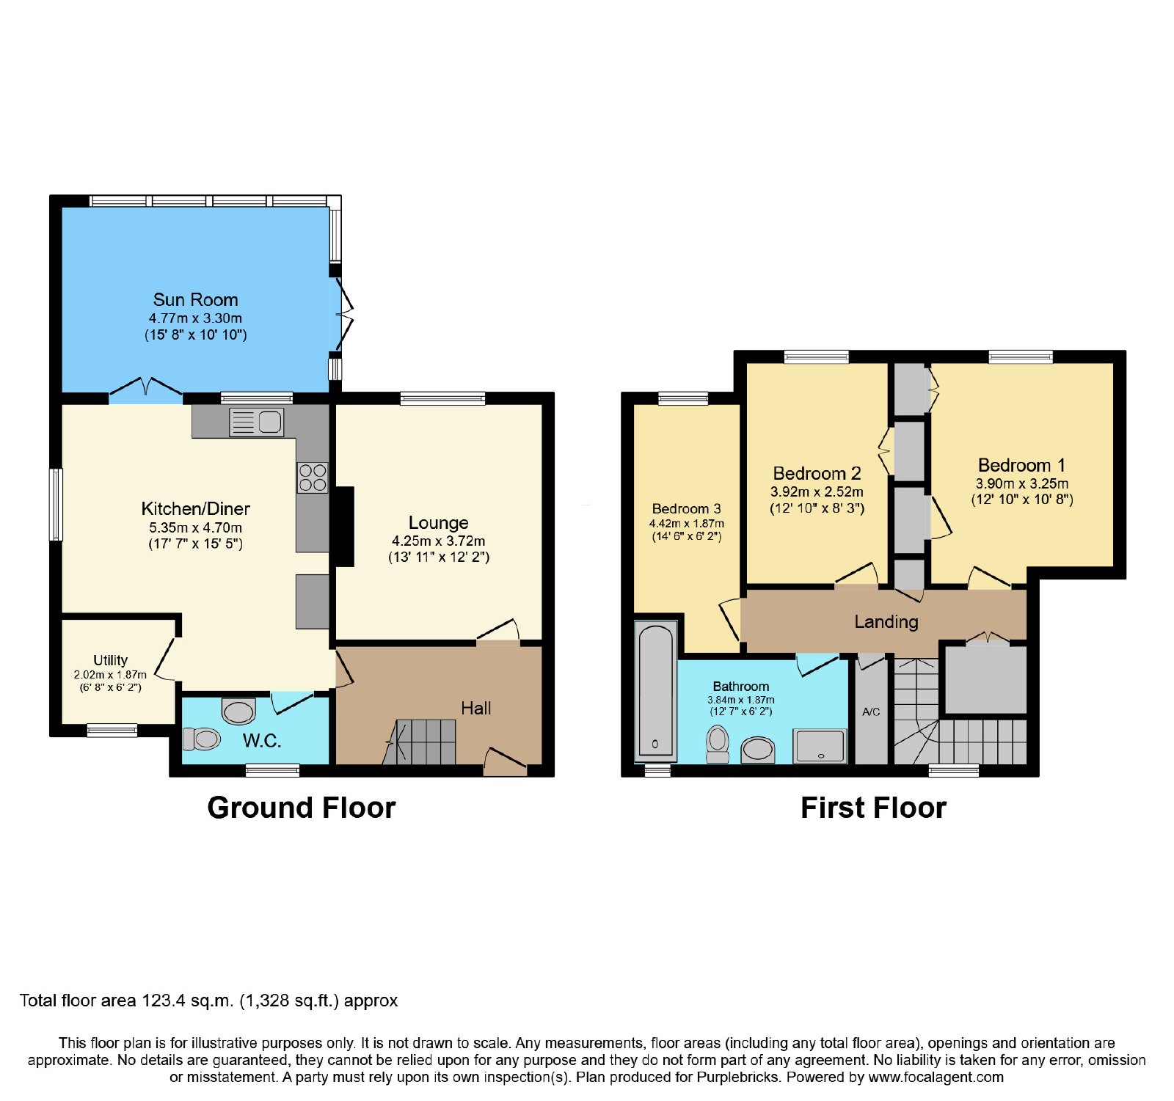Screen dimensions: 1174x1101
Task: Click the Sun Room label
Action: (x=195, y=299)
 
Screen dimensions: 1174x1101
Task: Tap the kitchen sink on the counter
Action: (x=256, y=422)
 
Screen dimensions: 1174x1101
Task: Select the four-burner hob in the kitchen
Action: (x=313, y=478)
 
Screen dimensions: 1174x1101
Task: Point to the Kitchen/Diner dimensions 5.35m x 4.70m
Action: (x=195, y=527)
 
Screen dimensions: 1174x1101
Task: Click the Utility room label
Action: (x=110, y=660)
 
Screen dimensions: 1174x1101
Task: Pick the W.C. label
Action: (x=262, y=741)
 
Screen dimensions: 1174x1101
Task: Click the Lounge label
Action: (x=438, y=522)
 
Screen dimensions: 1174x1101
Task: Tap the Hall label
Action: (x=475, y=708)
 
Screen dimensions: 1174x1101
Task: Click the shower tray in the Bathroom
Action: (x=820, y=746)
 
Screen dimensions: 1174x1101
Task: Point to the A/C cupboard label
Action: (x=871, y=712)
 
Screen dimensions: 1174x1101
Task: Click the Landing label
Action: (x=886, y=622)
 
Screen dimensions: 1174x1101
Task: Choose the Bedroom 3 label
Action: (x=686, y=508)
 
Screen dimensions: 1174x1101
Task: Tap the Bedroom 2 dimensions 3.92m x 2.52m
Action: (x=817, y=491)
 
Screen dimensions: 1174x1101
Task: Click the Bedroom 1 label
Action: (x=1021, y=465)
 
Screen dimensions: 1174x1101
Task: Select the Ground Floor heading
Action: (x=302, y=808)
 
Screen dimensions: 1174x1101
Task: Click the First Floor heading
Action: (x=873, y=808)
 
